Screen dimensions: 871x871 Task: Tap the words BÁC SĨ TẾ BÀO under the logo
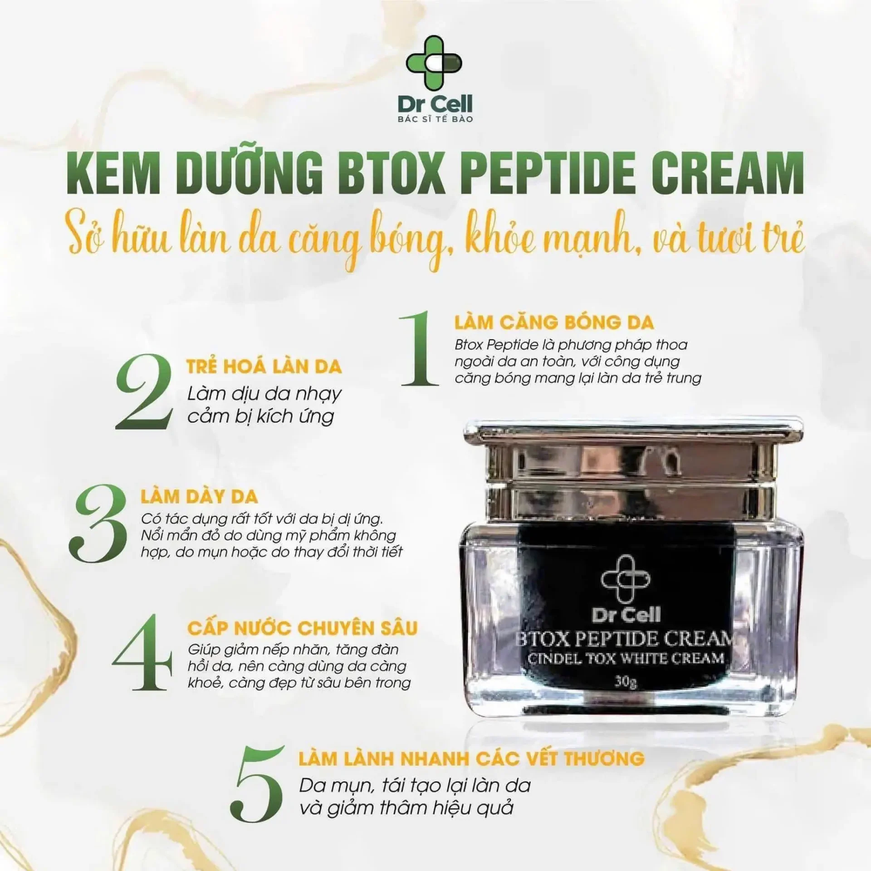[435, 119]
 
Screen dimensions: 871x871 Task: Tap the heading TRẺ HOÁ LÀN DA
[264, 366]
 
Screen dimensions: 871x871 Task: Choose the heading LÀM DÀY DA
[199, 497]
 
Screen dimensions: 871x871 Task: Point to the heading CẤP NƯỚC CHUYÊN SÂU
[303, 628]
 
